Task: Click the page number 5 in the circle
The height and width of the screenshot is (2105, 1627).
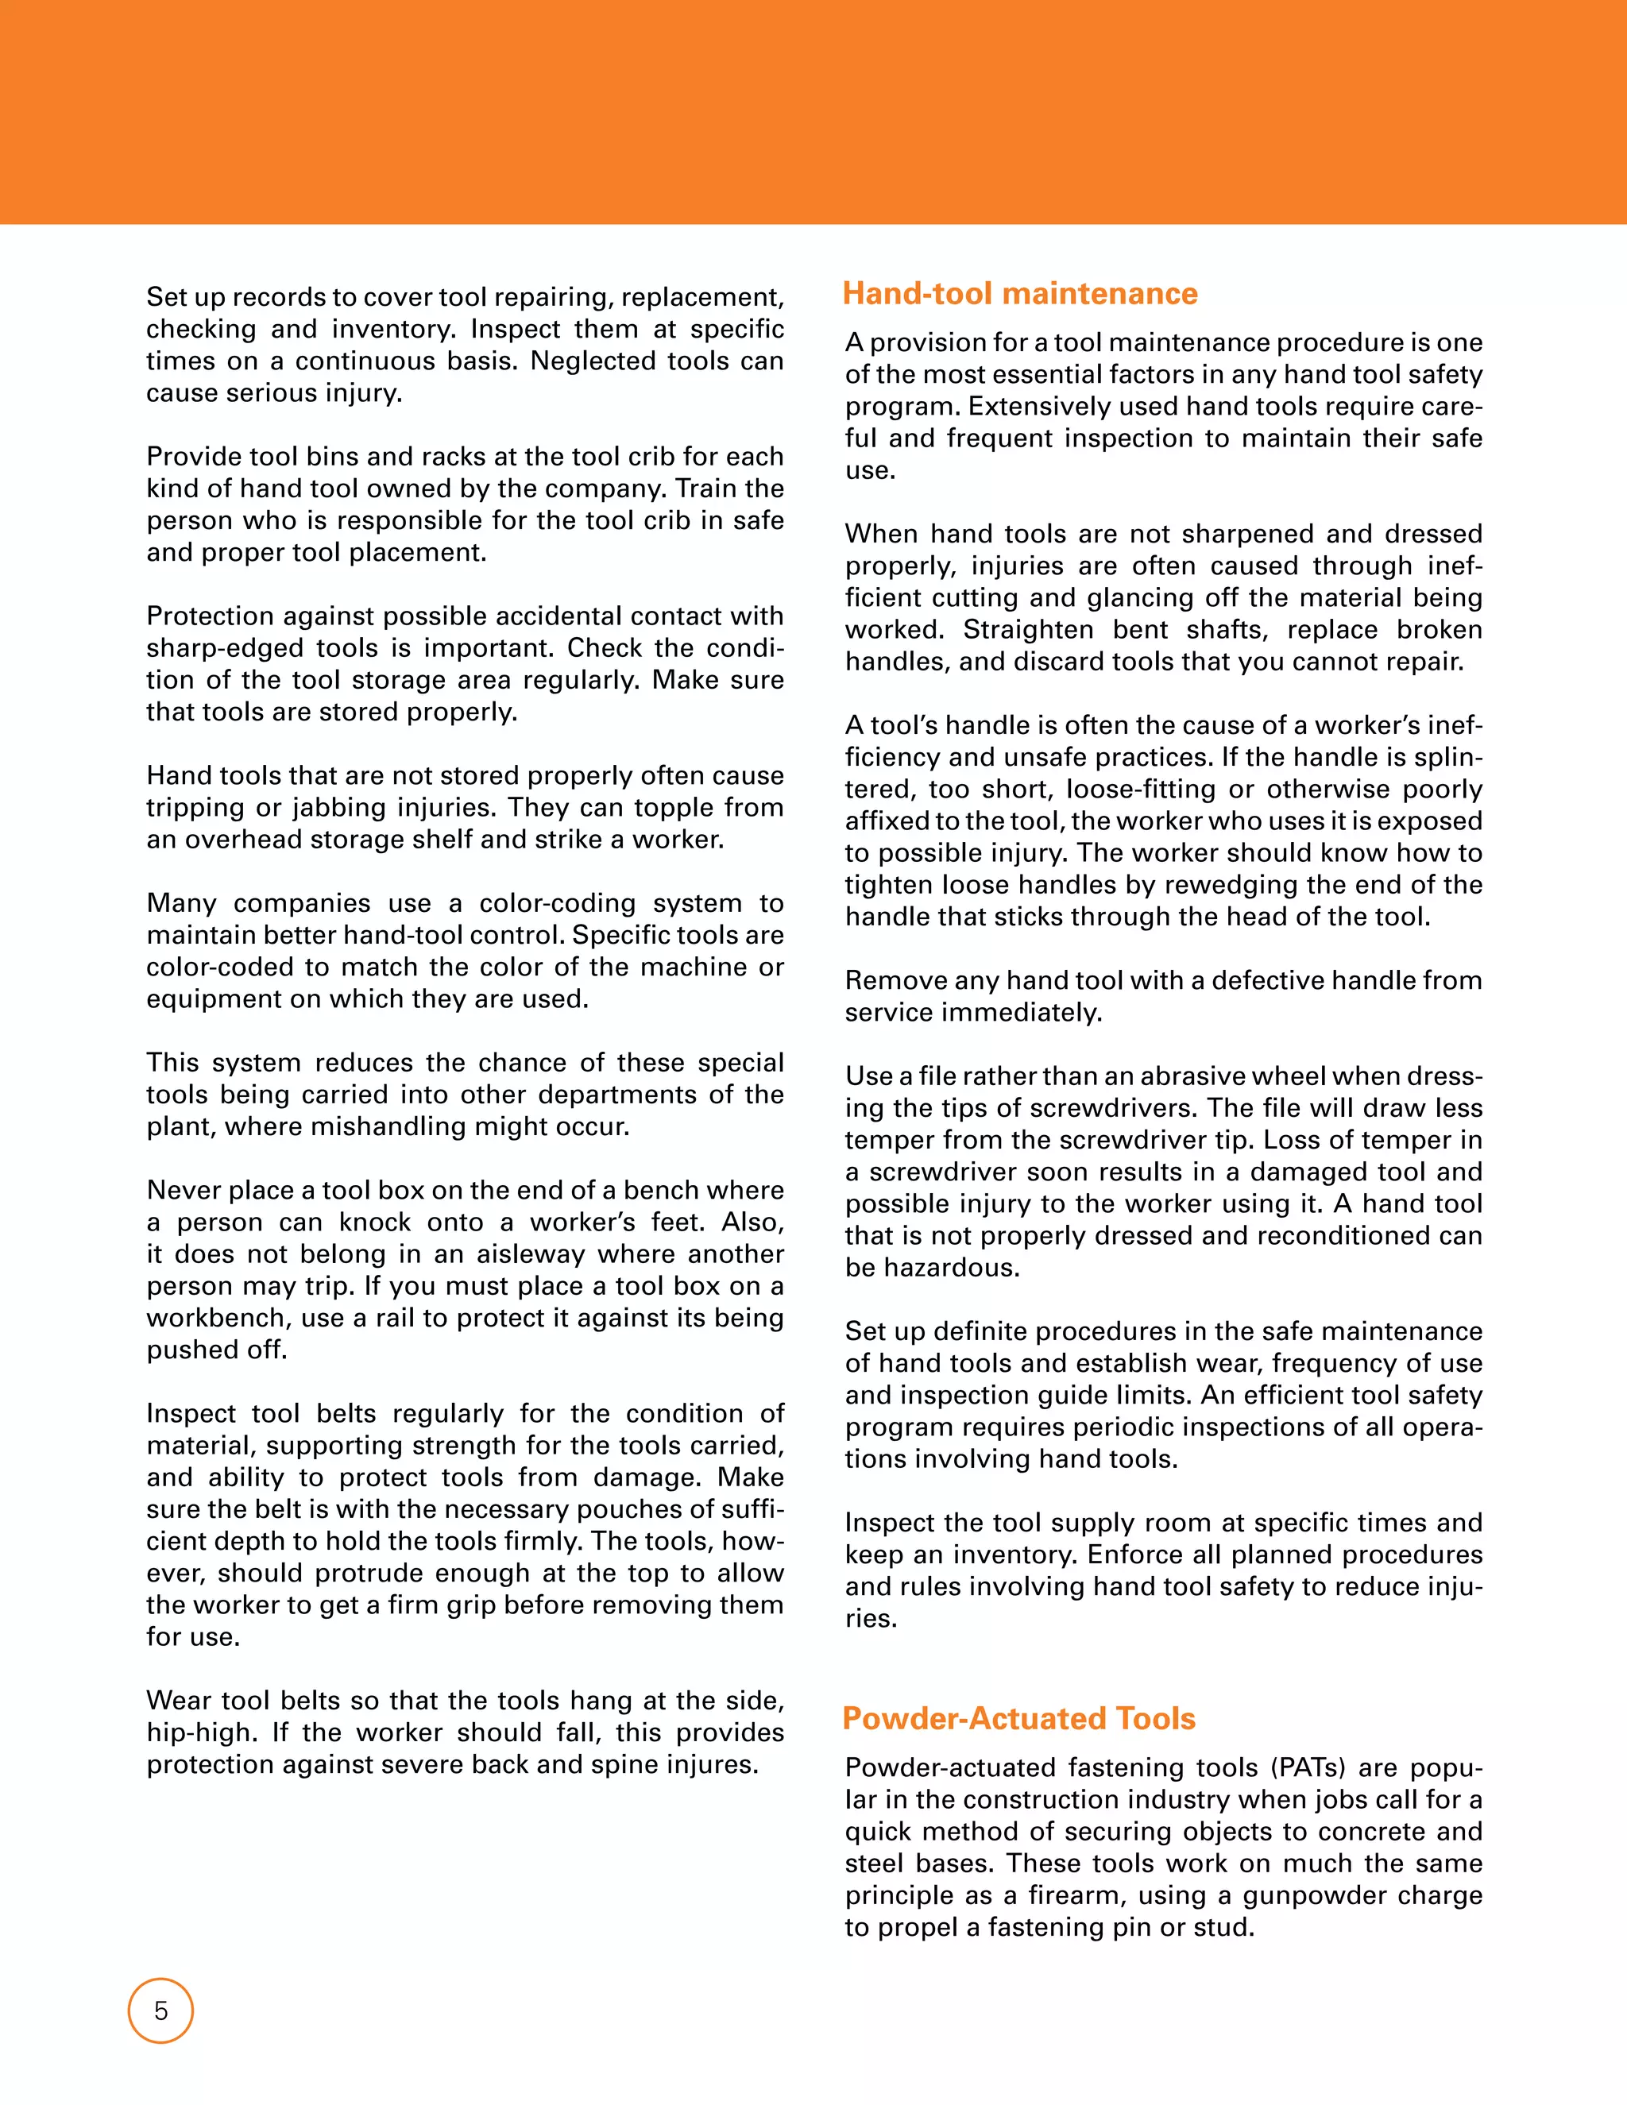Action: [161, 2010]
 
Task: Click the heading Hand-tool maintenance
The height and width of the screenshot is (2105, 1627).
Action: [1020, 293]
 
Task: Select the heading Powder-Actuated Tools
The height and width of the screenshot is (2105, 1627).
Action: [1018, 1717]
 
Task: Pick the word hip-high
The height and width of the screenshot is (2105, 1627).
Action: [200, 1732]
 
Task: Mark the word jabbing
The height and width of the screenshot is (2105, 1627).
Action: [347, 808]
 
